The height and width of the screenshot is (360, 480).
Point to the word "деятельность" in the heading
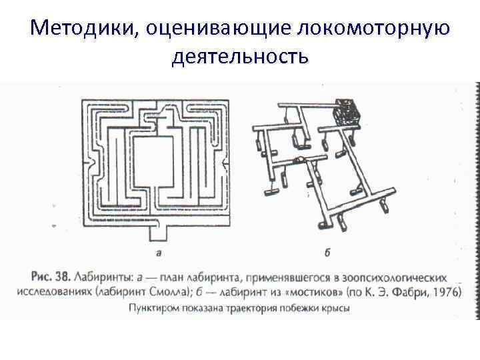pyautogui.click(x=240, y=57)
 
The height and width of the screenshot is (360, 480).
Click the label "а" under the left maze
pyautogui.click(x=159, y=253)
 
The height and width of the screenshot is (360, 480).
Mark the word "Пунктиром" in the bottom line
pyautogui.click(x=155, y=309)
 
